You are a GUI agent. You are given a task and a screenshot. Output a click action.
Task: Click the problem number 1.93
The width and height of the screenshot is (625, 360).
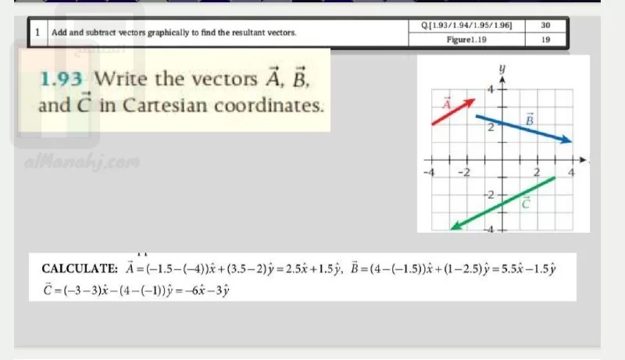pos(62,79)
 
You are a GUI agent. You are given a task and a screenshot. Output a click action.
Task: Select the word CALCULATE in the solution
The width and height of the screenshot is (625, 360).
pos(80,269)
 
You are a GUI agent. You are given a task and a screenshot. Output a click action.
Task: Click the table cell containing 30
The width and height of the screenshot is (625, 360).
pos(545,26)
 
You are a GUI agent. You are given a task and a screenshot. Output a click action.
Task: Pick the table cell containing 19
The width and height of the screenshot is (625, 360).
pos(545,39)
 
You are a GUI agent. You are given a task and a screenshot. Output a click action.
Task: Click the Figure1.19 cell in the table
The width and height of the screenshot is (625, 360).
pos(466,39)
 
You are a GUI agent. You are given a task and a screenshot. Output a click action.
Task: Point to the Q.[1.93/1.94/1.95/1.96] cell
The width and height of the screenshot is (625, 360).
pos(466,26)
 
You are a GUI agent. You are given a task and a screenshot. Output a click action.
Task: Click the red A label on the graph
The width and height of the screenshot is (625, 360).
pos(447,104)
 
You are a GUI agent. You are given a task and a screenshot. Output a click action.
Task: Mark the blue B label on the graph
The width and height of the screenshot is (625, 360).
pos(530,119)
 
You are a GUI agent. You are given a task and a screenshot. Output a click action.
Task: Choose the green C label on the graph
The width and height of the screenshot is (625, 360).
pos(526,203)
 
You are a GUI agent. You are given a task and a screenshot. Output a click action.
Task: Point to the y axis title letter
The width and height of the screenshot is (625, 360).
pos(502,69)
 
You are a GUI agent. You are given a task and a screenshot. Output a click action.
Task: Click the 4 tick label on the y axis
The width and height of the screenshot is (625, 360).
pos(491,89)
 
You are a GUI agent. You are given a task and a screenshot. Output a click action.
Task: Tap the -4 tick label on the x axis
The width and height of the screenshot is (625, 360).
pos(429,173)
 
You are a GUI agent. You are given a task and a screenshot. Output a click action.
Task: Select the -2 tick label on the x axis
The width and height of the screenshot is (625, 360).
pos(464,173)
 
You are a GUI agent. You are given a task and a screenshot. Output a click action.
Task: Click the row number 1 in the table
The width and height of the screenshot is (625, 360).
pos(37,32)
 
